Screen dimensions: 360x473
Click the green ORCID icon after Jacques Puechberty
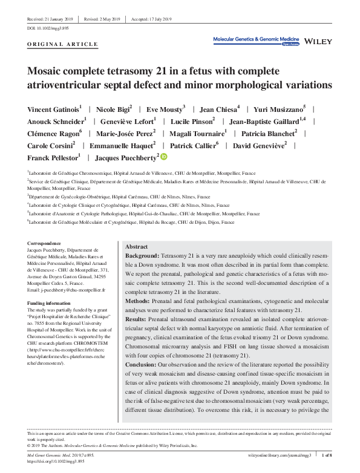coord(163,157)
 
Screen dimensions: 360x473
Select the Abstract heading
coord(136,247)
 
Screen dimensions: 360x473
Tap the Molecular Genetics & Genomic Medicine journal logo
coord(257,39)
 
